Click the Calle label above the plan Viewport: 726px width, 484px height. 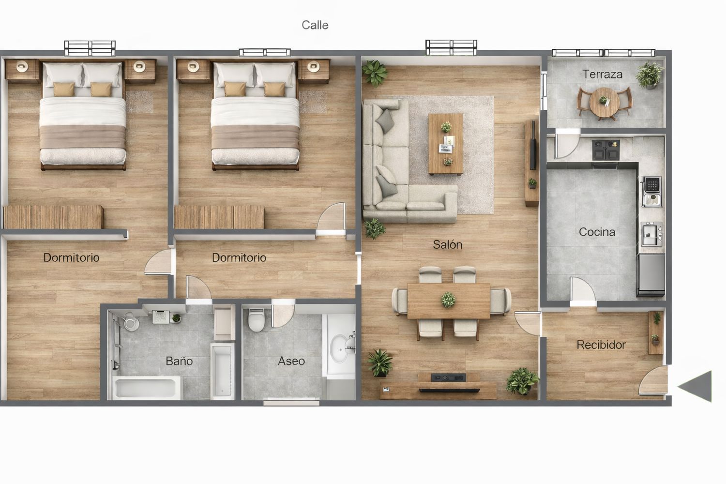315,25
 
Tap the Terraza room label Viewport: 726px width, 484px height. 602,74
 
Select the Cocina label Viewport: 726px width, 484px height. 597,232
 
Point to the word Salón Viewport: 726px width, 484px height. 447,244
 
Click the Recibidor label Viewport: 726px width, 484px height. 601,345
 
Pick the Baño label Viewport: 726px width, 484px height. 179,361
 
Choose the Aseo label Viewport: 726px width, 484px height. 291,361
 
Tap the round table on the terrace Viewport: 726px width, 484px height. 604,102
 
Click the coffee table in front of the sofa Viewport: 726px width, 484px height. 446,144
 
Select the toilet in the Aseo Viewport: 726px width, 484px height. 256,319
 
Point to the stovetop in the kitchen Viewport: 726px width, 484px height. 605,150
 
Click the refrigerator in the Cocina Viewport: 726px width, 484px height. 651,275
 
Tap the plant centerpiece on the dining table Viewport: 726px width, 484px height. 448,300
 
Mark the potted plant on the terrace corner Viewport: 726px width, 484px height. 649,75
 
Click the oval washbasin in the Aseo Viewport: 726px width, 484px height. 340,349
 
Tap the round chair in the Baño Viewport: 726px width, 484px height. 131,322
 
